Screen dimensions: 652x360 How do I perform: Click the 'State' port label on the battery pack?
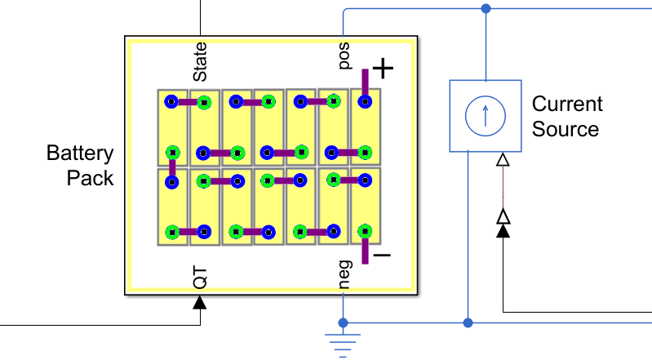pos(200,61)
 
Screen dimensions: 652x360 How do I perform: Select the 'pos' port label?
pos(344,56)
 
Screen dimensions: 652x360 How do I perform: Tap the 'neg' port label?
pos(344,274)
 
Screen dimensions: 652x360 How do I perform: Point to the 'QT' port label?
pos(200,278)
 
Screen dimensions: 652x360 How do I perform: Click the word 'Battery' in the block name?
pos(80,153)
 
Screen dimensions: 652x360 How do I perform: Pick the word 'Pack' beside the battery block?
pos(90,178)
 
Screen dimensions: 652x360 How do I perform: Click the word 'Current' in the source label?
pos(567,104)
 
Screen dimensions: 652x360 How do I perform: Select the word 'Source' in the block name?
pos(566,129)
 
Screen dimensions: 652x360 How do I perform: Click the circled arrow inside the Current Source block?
pos(486,116)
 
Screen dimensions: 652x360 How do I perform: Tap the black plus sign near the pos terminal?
pos(383,69)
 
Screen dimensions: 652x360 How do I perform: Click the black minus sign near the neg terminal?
pos(383,256)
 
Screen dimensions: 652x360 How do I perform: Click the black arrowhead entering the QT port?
pos(200,302)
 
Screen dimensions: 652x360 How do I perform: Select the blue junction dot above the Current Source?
pos(486,8)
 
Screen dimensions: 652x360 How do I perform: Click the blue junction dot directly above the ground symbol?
pos(343,322)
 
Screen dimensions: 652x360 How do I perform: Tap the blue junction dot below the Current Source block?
pos(468,322)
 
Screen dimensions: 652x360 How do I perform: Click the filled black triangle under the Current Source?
pos(503,230)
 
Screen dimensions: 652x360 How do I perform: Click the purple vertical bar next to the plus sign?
pos(365,82)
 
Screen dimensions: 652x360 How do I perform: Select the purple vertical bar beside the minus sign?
pos(365,251)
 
